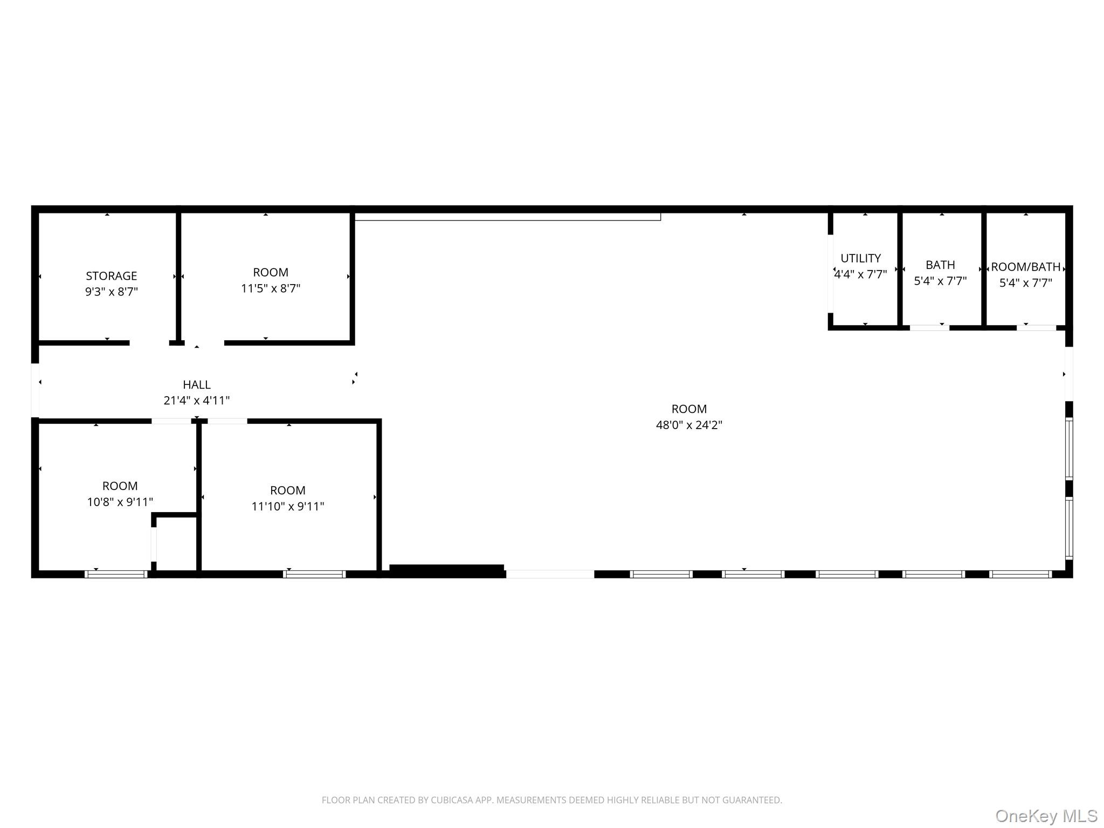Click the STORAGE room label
(x=112, y=276)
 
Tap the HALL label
(x=197, y=385)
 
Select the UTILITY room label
(x=861, y=258)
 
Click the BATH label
(x=940, y=265)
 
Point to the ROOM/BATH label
(x=1026, y=267)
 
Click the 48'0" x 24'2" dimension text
(x=689, y=425)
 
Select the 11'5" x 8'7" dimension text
(x=271, y=288)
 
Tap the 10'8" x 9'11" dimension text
(x=120, y=502)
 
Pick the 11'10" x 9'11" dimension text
(x=288, y=506)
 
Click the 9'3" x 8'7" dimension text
(x=112, y=292)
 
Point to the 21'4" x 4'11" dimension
(x=197, y=401)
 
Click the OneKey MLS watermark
(x=1046, y=816)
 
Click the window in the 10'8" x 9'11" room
(x=116, y=574)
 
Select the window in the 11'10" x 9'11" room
(x=314, y=574)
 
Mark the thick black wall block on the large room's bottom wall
(x=447, y=571)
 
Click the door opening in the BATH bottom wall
(x=929, y=328)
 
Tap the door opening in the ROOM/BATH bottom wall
(x=1036, y=328)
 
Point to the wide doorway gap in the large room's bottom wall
(x=550, y=574)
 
